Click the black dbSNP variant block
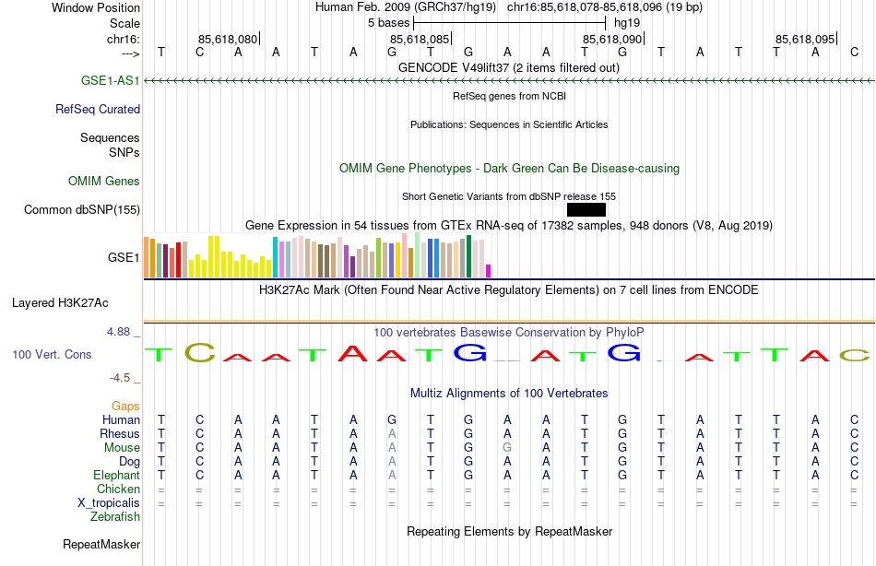(x=586, y=209)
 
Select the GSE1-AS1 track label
(x=110, y=81)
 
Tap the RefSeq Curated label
(x=98, y=109)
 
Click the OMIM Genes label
(x=104, y=181)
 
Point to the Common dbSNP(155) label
(x=82, y=209)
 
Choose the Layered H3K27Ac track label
(x=60, y=302)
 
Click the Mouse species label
(x=122, y=447)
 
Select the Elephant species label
(x=117, y=475)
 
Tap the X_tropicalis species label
(x=109, y=502)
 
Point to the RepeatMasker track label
(x=101, y=544)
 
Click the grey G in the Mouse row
(x=507, y=447)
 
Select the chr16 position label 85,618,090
(x=611, y=39)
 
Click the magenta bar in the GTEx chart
(x=489, y=270)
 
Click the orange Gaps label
(x=125, y=406)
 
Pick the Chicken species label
(x=118, y=489)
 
